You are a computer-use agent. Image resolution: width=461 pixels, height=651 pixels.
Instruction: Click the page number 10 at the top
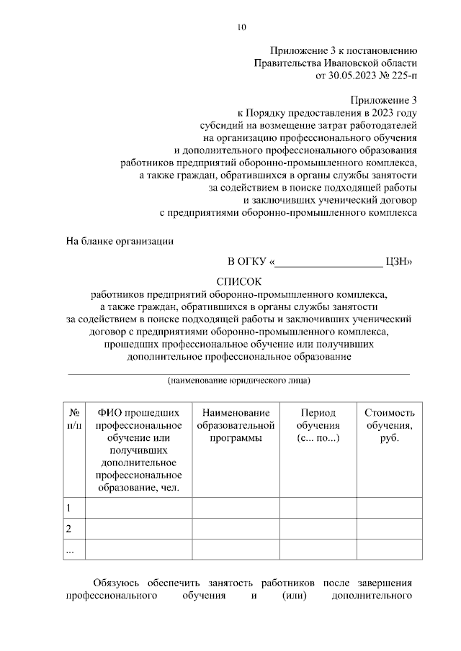click(241, 28)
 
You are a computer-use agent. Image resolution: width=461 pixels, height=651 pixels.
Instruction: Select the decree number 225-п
click(400, 74)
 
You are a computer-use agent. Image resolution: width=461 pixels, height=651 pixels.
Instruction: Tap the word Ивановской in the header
click(347, 63)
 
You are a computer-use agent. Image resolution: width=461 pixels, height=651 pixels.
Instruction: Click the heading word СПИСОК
click(241, 281)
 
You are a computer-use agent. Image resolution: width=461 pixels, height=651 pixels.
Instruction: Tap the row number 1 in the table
click(69, 508)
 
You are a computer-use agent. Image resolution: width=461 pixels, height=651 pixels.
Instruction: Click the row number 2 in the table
click(69, 529)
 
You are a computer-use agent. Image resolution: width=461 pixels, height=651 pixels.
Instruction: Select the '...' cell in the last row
click(70, 550)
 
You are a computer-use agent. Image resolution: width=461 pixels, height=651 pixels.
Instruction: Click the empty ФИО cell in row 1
click(138, 508)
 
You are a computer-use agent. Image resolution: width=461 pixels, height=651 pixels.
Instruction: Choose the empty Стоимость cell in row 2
click(390, 529)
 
